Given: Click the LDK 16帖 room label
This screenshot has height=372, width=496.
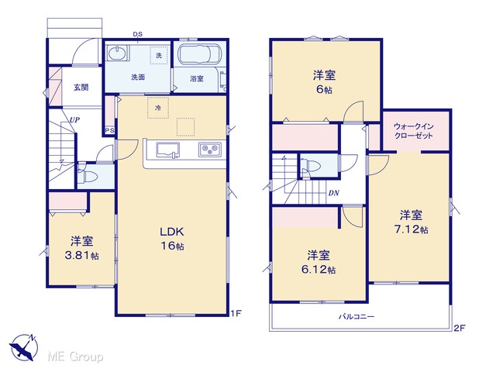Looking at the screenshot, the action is tap(172, 239).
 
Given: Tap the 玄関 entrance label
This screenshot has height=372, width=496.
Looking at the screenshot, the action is tap(81, 88).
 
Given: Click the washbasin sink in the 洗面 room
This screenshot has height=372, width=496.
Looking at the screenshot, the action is tap(118, 53).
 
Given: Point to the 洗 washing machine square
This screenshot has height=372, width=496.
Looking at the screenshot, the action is tap(159, 55).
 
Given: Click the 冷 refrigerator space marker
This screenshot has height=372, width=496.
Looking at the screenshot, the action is tap(158, 108).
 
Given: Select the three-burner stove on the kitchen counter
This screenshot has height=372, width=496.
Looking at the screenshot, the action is tap(210, 150).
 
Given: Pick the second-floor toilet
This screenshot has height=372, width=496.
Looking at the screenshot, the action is tap(310, 165).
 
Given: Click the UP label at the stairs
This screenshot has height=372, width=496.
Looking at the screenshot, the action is tap(74, 120).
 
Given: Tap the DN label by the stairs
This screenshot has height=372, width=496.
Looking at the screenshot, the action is tap(334, 193).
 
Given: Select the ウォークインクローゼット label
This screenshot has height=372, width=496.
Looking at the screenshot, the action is tap(413, 131).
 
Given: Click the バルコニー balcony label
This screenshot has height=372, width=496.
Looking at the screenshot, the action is tap(356, 317).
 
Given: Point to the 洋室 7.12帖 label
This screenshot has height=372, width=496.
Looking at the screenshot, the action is tap(412, 222).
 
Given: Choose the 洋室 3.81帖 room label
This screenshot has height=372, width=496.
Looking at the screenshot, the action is tap(81, 248).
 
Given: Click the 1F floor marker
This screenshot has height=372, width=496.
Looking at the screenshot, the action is tap(236, 314).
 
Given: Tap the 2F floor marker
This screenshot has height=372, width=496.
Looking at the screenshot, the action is tap(460, 329).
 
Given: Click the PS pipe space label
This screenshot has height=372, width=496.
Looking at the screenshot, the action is tap(110, 131).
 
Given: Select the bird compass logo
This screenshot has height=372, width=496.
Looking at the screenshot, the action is tap(23, 346).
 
